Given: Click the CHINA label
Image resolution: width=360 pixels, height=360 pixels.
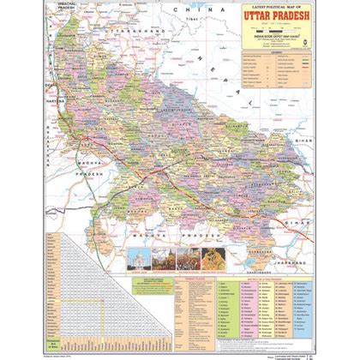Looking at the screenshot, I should point(183,8).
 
